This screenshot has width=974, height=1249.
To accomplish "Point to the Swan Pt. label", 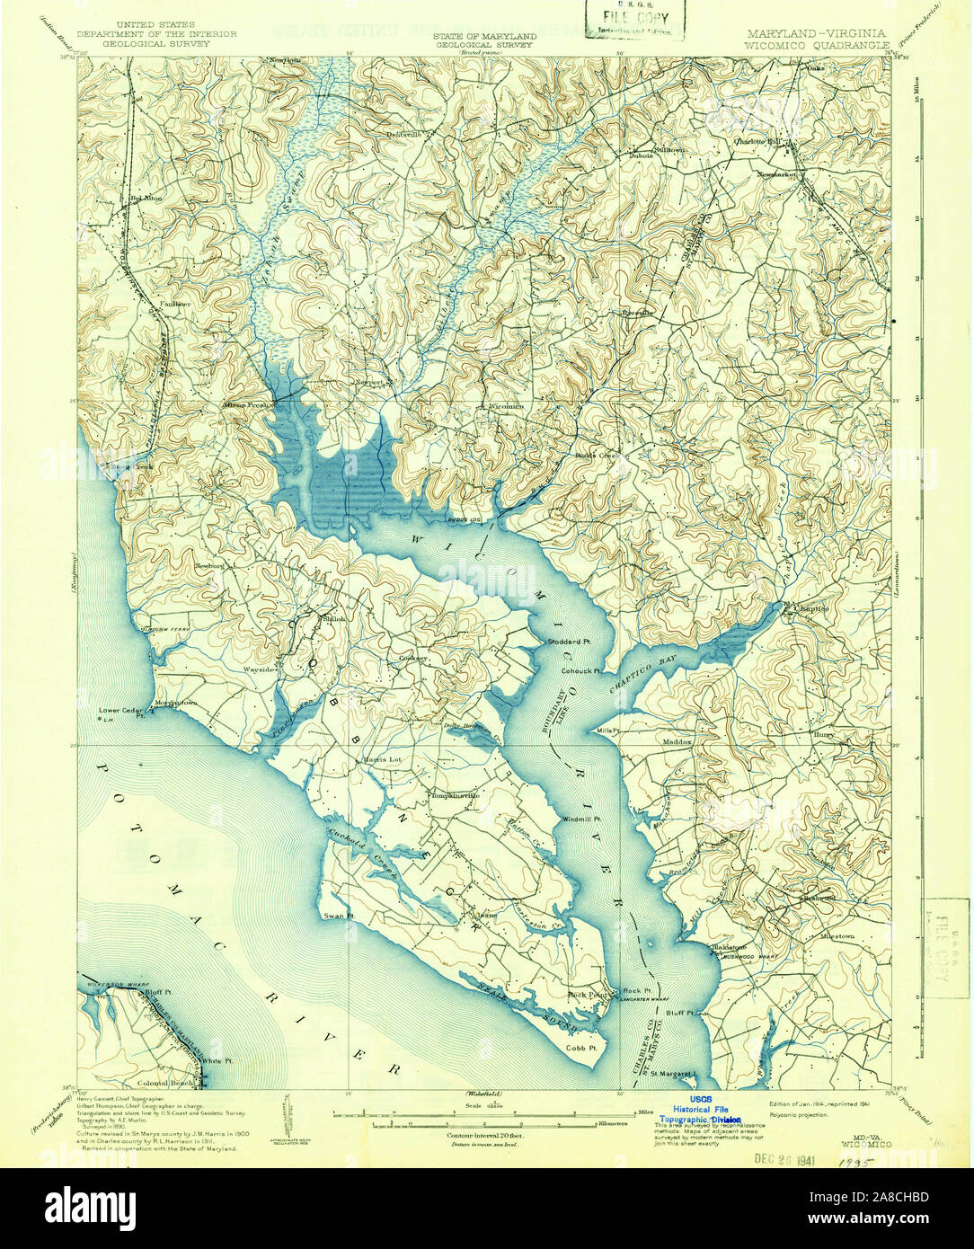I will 341,917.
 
